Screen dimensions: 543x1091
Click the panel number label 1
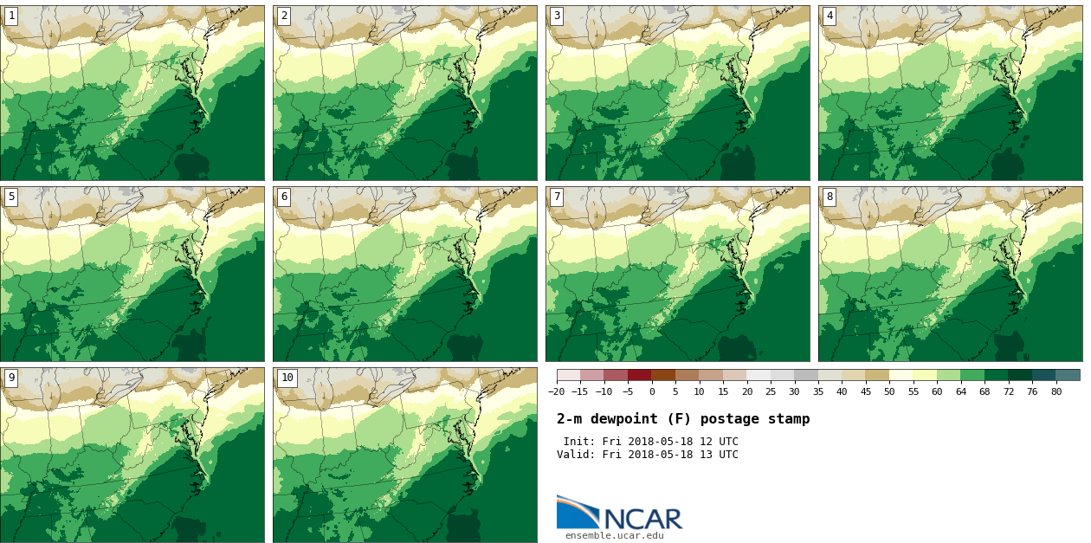tap(11, 16)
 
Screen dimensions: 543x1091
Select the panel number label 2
tap(284, 16)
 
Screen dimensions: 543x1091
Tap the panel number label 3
tap(557, 16)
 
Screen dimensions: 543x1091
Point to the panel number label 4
tap(830, 16)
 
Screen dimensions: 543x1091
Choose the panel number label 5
tap(11, 197)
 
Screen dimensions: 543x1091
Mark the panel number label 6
tap(284, 197)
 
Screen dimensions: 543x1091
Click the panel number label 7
tap(557, 197)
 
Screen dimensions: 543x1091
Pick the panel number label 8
tap(830, 197)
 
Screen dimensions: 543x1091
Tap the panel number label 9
tap(11, 378)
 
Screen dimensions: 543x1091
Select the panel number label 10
tap(287, 378)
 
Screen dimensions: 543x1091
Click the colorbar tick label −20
tap(556, 391)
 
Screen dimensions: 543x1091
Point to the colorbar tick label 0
tap(652, 391)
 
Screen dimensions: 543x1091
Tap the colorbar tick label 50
tap(889, 391)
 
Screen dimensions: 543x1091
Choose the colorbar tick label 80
tap(1056, 391)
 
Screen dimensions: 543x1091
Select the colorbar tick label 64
tap(961, 391)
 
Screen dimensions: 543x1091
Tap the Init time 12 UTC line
tap(650, 442)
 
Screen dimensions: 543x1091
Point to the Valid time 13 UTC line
tap(648, 455)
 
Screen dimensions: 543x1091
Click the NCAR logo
tap(619, 514)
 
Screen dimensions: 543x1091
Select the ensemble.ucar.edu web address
tap(615, 535)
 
